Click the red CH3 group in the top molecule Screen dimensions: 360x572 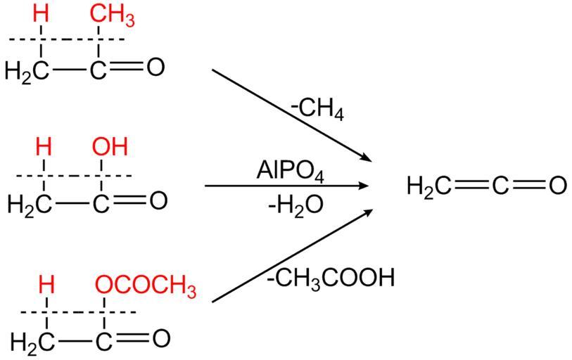(x=111, y=13)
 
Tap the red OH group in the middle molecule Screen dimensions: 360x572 (x=110, y=147)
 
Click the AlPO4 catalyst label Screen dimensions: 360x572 (x=291, y=171)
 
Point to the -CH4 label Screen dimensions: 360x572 (x=317, y=111)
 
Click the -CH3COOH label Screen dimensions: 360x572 (x=331, y=278)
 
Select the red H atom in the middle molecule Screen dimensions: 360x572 (x=44, y=147)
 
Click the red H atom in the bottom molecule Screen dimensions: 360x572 (x=46, y=285)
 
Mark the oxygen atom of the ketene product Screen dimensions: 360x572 (x=557, y=186)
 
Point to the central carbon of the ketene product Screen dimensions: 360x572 (x=500, y=186)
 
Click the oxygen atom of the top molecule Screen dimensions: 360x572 (x=154, y=67)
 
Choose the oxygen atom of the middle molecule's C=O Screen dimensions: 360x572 (x=158, y=201)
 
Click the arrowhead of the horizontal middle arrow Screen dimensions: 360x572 (x=364, y=186)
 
